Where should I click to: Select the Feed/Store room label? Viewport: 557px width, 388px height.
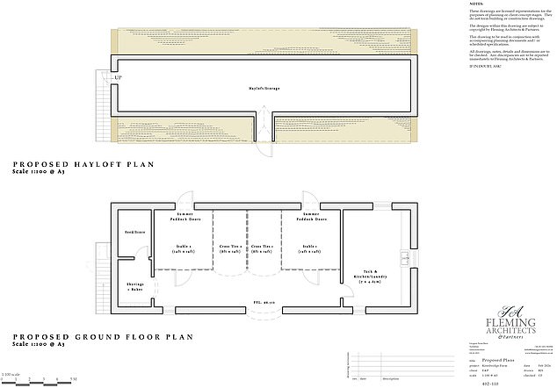click(134, 232)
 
